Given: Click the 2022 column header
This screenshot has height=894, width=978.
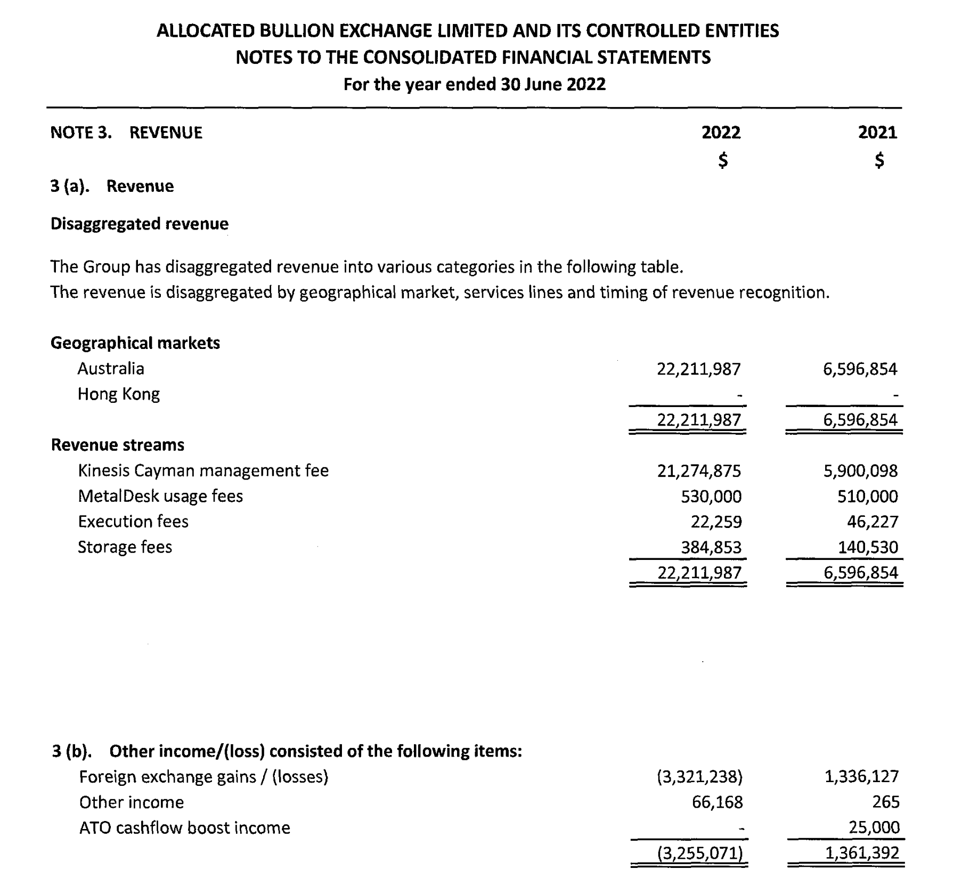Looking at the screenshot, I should tap(721, 133).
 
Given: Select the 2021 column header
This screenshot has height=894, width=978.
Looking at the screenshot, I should tap(877, 133).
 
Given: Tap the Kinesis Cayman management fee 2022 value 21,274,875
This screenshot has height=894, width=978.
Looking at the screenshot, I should tap(699, 471).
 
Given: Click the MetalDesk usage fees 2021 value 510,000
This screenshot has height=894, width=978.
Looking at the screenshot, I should tap(867, 497).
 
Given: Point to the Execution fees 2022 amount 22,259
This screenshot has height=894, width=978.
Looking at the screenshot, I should tap(716, 522).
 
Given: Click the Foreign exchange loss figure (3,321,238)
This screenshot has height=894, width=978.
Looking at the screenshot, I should tap(699, 777).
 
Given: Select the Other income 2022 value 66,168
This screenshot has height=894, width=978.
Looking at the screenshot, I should tap(717, 802).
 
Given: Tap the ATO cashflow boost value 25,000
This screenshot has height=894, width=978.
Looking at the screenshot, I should tap(874, 827).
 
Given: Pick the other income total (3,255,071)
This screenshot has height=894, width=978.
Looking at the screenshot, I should tap(700, 854).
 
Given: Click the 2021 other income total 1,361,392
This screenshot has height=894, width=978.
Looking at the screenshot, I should tap(861, 854).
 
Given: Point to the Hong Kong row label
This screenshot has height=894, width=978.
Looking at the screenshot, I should tap(119, 394).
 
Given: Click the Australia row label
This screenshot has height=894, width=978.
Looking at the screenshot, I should tap(111, 369).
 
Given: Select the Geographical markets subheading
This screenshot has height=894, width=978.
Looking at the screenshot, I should tap(135, 343).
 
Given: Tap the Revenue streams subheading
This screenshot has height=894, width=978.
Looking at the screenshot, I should tap(118, 445).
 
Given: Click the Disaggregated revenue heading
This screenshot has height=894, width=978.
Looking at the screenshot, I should tap(140, 224).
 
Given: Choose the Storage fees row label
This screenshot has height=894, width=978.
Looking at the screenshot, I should tap(125, 547).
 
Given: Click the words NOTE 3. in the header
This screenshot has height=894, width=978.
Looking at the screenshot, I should tap(81, 133).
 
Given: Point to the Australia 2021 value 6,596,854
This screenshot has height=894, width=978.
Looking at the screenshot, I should tap(860, 369).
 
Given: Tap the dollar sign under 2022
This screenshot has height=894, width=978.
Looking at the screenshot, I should tap(722, 160).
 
